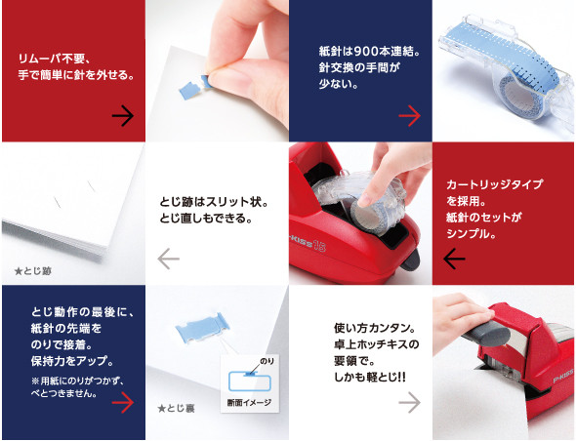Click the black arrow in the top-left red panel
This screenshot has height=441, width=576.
click(x=123, y=116)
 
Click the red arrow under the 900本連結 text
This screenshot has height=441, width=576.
click(x=409, y=116)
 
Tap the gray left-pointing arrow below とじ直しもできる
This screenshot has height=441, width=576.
click(x=168, y=259)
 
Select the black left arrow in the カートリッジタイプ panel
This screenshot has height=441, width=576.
click(x=454, y=259)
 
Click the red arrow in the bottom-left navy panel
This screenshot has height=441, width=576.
click(x=123, y=402)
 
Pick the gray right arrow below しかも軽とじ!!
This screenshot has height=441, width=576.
click(x=409, y=402)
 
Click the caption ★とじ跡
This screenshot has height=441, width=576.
click(x=32, y=271)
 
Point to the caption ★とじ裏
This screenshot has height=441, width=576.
click(x=176, y=409)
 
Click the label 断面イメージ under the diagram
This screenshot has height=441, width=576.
click(x=249, y=403)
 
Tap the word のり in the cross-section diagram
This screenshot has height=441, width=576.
click(x=267, y=361)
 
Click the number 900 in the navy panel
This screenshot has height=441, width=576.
click(x=366, y=52)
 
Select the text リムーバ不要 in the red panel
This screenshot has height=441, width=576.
click(x=52, y=59)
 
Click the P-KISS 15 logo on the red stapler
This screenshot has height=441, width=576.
click(x=308, y=244)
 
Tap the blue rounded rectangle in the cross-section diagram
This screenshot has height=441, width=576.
click(x=250, y=381)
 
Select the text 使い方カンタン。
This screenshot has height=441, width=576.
click(x=375, y=328)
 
